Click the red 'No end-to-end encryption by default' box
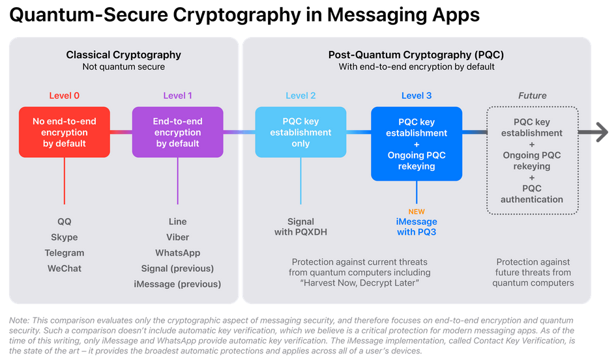pos(65,132)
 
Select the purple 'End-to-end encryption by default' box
pos(178,132)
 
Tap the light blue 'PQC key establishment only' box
pos(301,132)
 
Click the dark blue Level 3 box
pos(417,143)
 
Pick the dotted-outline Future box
pos(533,160)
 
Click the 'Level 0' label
pos(65,96)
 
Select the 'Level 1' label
pos(177,96)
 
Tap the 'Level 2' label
pos(301,96)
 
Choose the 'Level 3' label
pos(417,96)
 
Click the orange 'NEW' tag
pos(417,212)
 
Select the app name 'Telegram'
pos(65,253)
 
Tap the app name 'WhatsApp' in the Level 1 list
pos(177,253)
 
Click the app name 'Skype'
pos(65,237)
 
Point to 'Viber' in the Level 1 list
pos(177,237)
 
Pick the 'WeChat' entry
pos(65,269)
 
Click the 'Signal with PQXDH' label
pos(301,227)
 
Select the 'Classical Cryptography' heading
pos(124,55)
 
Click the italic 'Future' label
pos(533,96)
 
